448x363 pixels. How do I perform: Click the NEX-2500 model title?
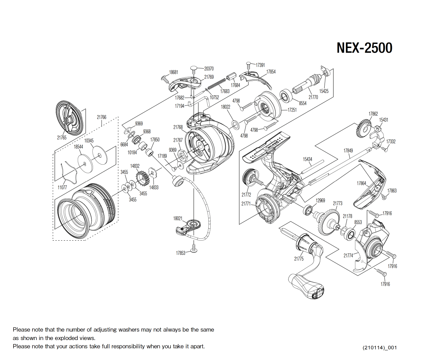[364, 48]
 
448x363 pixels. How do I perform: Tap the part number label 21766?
[101, 117]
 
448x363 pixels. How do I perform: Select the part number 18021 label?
[178, 218]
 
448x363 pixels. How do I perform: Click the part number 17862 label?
[373, 114]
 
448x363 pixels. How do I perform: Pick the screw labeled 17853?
[194, 248]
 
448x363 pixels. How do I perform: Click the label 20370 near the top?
[209, 69]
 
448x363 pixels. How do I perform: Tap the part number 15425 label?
[324, 91]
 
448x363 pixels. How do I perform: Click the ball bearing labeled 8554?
[286, 96]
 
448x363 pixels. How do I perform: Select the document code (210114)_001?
[379, 347]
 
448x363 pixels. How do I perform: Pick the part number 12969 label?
[320, 200]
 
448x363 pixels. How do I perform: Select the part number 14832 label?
[135, 166]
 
